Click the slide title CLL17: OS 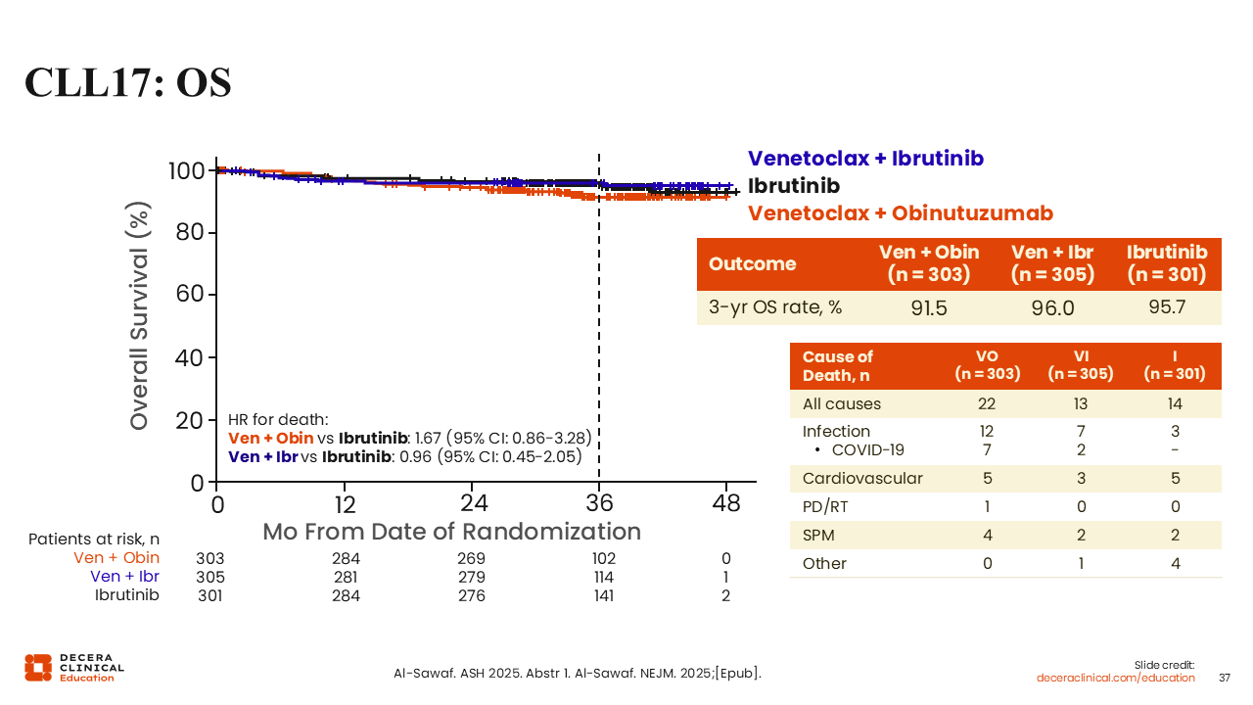pos(128,83)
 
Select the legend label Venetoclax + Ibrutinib pos(865,159)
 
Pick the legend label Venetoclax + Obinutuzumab pos(900,213)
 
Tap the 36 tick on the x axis pos(599,503)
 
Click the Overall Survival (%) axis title pos(141,316)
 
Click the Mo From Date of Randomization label pos(451,532)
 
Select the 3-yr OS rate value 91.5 pos(929,307)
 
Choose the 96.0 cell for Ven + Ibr pos(1052,307)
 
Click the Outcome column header pos(752,264)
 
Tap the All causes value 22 pos(987,403)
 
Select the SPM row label pos(819,535)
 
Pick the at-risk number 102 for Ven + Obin pos(603,559)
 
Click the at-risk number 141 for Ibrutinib pos(603,595)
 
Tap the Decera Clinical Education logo pos(74,667)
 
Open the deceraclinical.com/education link pos(1116,678)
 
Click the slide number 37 pos(1225,678)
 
